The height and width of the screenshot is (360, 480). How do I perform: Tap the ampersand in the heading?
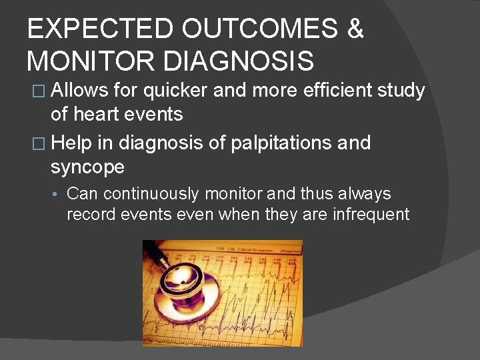pos(355,30)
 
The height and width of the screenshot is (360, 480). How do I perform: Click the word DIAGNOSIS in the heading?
pos(238,61)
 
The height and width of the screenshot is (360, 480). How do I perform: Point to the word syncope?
pos(87,167)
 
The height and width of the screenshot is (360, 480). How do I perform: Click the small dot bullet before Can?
pos(57,195)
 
